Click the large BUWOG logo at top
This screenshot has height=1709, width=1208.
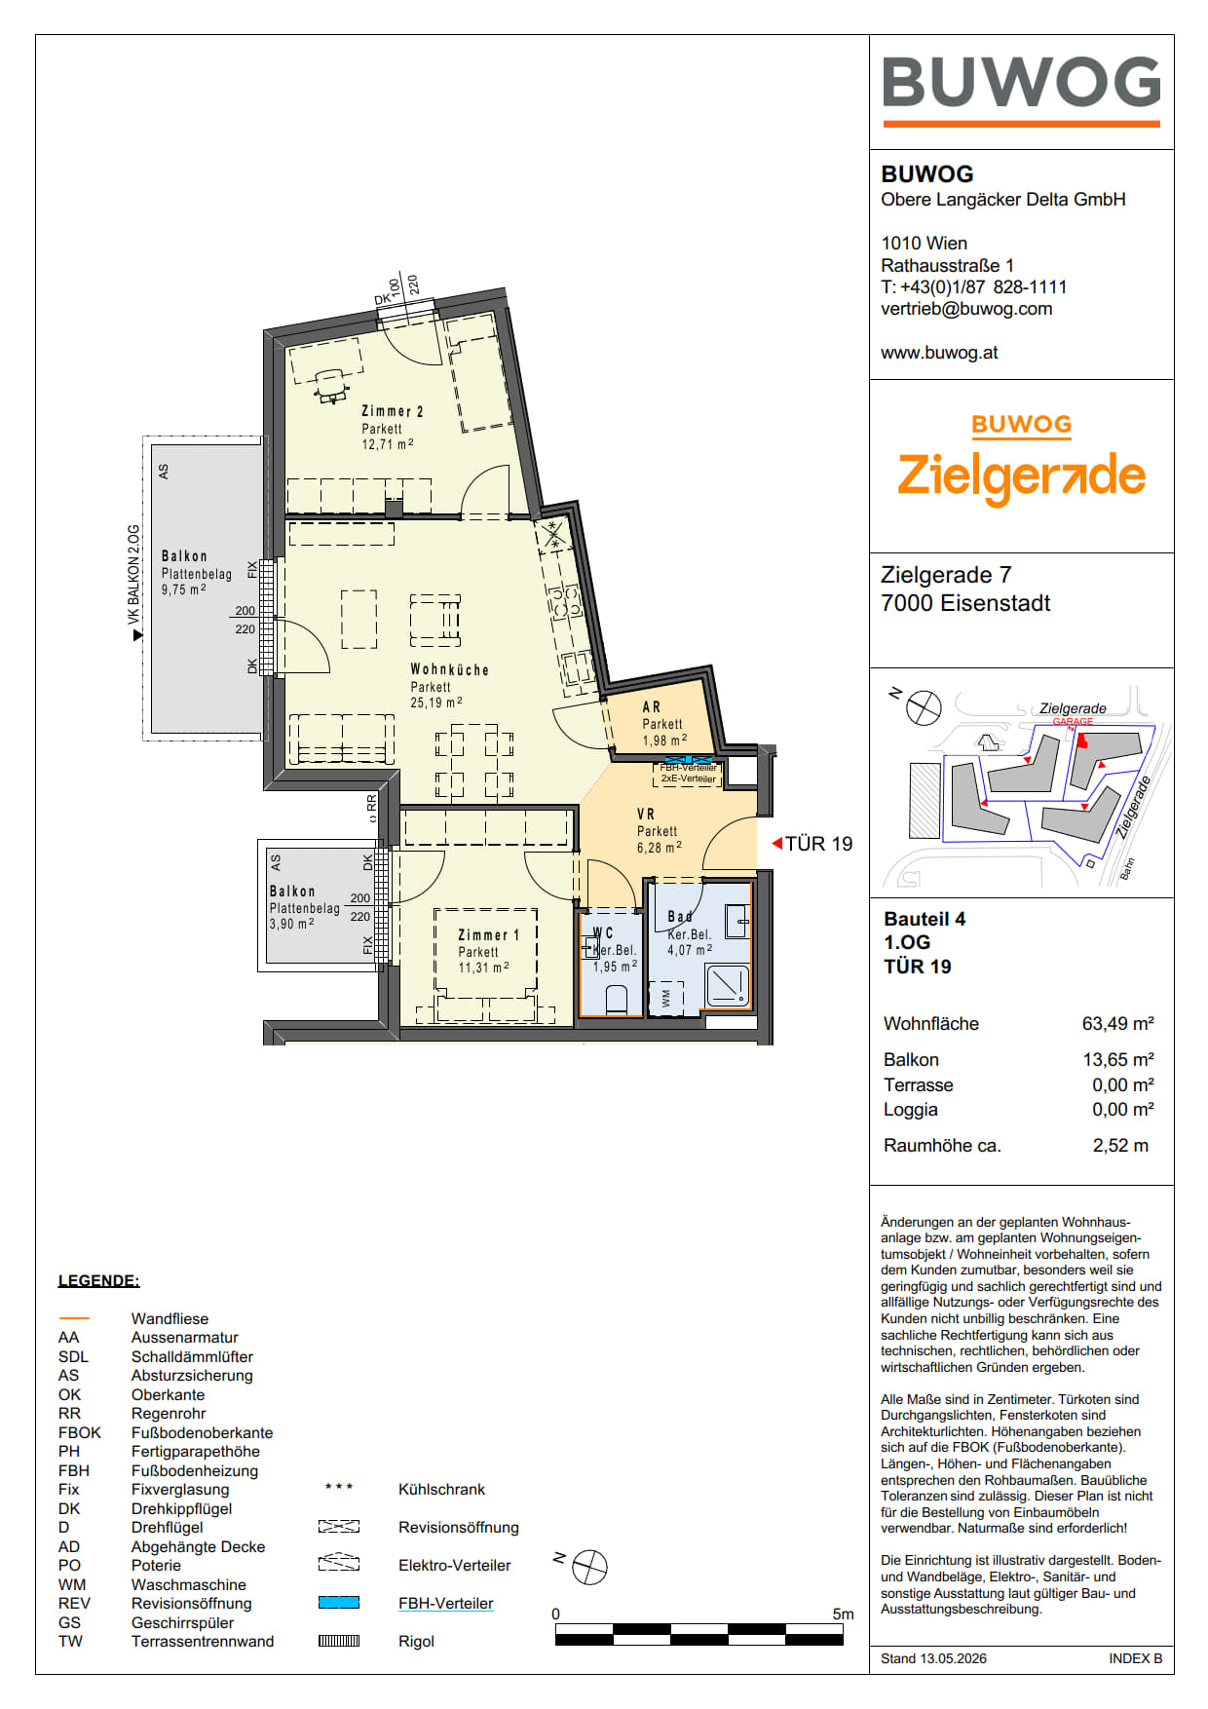pyautogui.click(x=1021, y=90)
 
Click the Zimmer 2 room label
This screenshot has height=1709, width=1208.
pyautogui.click(x=393, y=411)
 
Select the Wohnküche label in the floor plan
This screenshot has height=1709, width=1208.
pyautogui.click(x=449, y=669)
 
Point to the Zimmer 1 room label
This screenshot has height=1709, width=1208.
pyautogui.click(x=489, y=934)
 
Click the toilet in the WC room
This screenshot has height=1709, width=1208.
pyautogui.click(x=616, y=1000)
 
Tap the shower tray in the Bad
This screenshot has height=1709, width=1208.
pyautogui.click(x=727, y=986)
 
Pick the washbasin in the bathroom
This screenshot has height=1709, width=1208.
pyautogui.click(x=737, y=921)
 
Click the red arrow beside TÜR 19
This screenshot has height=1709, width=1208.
pyautogui.click(x=777, y=843)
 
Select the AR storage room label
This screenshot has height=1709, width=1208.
pyautogui.click(x=652, y=706)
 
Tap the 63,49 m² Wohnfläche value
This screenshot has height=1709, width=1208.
pyautogui.click(x=1117, y=1023)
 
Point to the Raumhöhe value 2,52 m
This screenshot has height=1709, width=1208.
pyautogui.click(x=1120, y=1145)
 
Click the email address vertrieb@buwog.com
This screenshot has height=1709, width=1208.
pyautogui.click(x=966, y=309)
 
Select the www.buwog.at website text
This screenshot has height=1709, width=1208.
pyautogui.click(x=939, y=353)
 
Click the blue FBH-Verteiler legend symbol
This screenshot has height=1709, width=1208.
pyautogui.click(x=339, y=1602)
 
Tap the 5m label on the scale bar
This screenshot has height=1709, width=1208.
pyautogui.click(x=843, y=1614)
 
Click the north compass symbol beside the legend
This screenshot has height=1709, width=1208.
pyautogui.click(x=589, y=1567)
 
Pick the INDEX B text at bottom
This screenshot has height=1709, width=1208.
pyautogui.click(x=1135, y=1658)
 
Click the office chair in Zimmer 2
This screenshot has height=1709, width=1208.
pyautogui.click(x=331, y=385)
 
